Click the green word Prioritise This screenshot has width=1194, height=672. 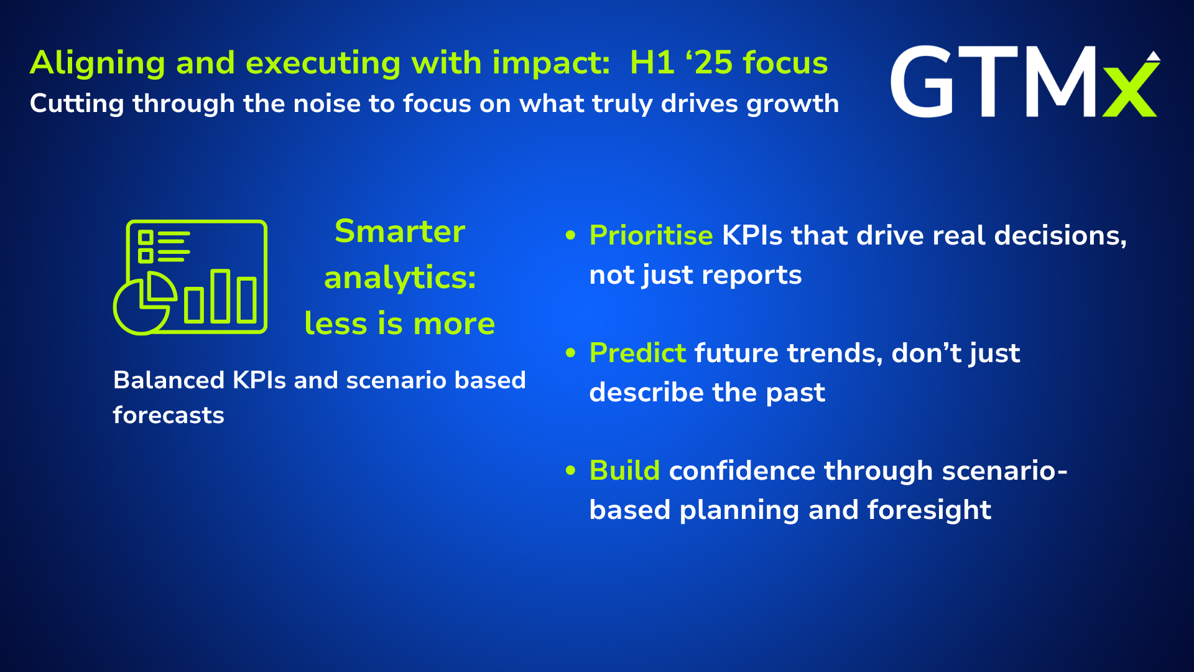(650, 236)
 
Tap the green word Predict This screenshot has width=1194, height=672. (637, 353)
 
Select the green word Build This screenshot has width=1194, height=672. (624, 471)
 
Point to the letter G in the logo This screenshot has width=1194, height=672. (922, 82)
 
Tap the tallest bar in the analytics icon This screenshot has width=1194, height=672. (220, 296)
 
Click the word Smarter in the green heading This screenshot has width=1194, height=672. (400, 231)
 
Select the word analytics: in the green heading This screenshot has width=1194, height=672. (400, 278)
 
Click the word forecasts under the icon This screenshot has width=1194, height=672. (169, 415)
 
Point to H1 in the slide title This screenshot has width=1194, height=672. (652, 63)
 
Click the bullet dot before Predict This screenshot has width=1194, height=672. (571, 353)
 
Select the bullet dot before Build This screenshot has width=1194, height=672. (571, 470)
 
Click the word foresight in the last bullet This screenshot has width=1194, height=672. (929, 510)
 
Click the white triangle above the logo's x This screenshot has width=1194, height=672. (1154, 56)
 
